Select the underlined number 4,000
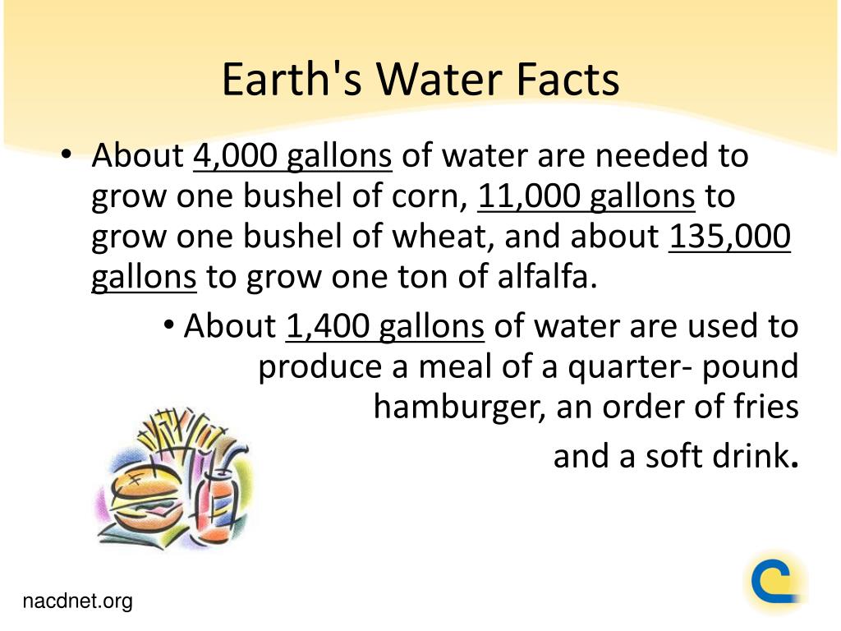pos(235,155)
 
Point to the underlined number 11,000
pos(527,196)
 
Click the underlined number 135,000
pos(729,236)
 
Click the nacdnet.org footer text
pos(77,601)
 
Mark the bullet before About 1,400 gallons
pos(169,325)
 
